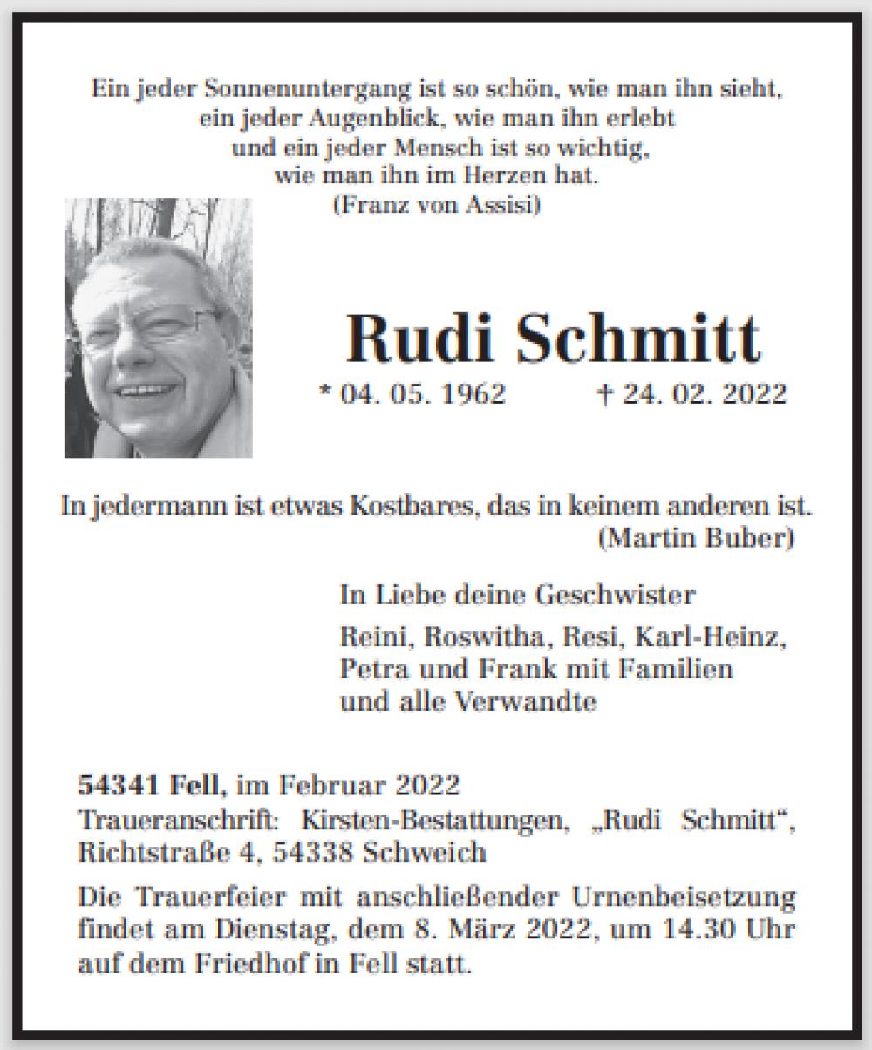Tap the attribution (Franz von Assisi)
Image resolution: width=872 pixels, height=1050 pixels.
(x=437, y=206)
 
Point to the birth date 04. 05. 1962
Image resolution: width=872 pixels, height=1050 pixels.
(x=423, y=393)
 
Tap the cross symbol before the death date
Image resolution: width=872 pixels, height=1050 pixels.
(x=603, y=393)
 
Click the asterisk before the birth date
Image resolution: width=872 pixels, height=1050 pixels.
(x=326, y=392)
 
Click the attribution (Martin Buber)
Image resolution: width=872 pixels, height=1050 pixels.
(x=696, y=538)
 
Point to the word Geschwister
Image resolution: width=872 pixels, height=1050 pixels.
(x=615, y=595)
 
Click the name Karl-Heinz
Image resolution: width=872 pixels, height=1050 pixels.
(x=711, y=637)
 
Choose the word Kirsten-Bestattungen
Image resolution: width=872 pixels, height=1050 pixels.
(x=435, y=820)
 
